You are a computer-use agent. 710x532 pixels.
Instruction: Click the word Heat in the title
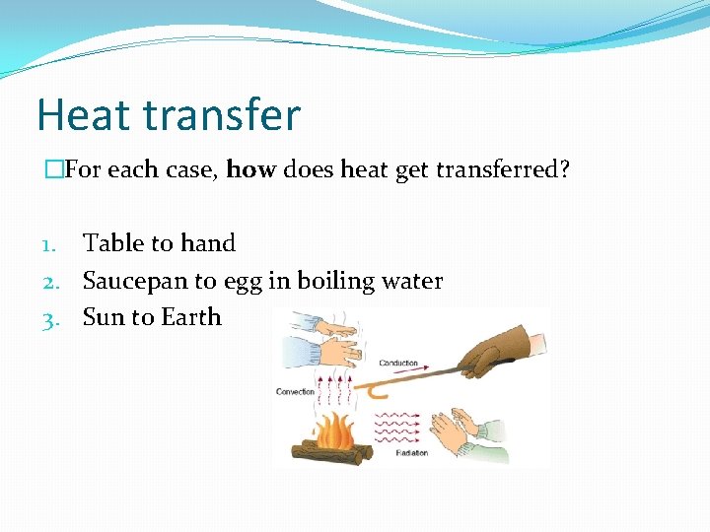(81, 115)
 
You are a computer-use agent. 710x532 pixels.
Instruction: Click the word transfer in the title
(220, 115)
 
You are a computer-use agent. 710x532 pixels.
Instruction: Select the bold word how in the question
(250, 169)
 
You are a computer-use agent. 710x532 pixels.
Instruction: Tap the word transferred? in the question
(511, 169)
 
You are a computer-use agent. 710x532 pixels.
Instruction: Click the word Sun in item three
(103, 318)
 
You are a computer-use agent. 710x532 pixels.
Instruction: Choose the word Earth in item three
(192, 318)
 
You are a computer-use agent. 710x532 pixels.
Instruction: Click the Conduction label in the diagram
(398, 364)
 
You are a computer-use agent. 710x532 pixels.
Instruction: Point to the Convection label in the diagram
(296, 391)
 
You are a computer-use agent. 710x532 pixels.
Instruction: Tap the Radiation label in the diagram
(411, 452)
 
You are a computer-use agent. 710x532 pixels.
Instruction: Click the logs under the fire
(330, 454)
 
